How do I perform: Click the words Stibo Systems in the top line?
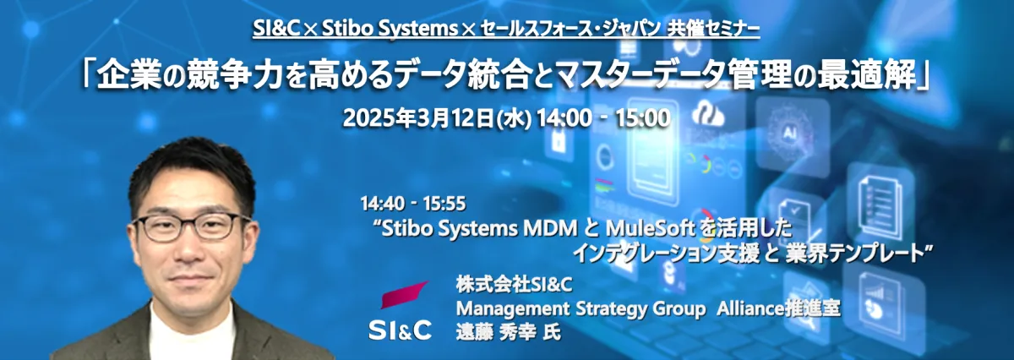[x=390, y=29]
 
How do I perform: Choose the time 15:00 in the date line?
[x=642, y=118]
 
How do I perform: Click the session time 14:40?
[x=383, y=204]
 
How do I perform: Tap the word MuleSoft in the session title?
[x=651, y=229]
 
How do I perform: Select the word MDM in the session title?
[x=550, y=229]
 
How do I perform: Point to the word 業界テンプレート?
[x=854, y=254]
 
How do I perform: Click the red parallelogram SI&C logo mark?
[x=403, y=294]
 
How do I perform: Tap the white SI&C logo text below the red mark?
[x=401, y=330]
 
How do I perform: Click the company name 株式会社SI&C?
[x=515, y=285]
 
